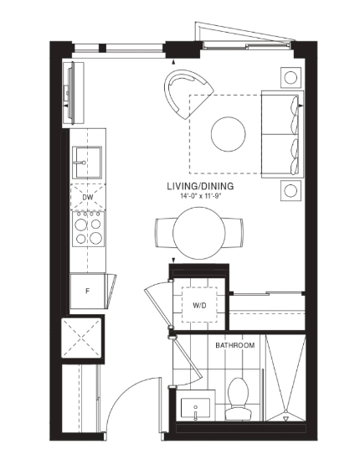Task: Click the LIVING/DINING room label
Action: pos(200,186)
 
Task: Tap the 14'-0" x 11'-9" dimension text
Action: pos(200,196)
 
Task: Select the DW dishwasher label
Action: pos(88,197)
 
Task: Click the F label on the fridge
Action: pos(88,292)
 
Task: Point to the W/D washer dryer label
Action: pos(199,305)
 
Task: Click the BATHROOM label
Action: pos(235,345)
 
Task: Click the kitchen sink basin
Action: pos(87,163)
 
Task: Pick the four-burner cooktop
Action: pos(88,229)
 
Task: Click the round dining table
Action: pos(199,233)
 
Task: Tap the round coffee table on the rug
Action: pos(228,134)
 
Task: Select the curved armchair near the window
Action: pos(186,92)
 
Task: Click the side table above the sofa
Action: pos(291,78)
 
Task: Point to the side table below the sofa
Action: pos(291,190)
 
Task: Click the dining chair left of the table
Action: pos(164,233)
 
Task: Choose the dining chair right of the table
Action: pos(234,233)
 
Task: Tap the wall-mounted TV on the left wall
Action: pos(71,93)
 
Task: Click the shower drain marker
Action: pos(285,419)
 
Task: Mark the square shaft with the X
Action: pos(83,338)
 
